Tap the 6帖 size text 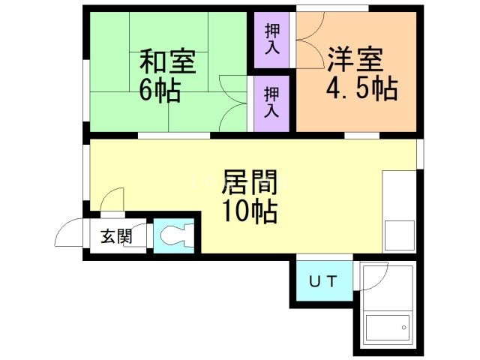[159, 91]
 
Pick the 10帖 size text [250, 211]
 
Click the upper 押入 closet [271, 37]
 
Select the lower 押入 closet [271, 103]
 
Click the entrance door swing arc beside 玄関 [68, 233]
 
